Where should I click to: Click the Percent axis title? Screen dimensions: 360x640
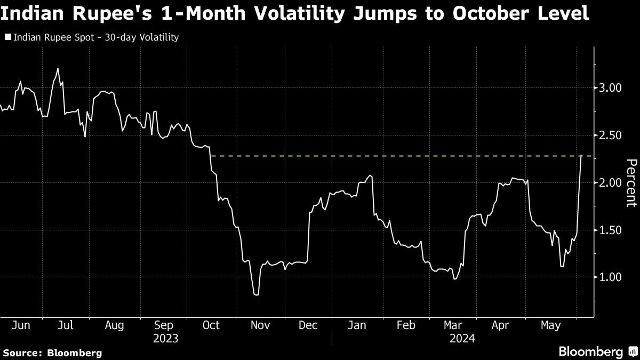pos(631,182)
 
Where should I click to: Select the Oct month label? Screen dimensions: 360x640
pos(212,325)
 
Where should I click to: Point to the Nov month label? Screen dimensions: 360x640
pos(261,325)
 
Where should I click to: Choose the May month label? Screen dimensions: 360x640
pos(550,325)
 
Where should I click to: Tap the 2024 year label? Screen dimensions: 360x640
pos(462,338)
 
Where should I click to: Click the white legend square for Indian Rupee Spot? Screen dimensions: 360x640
pos(7,37)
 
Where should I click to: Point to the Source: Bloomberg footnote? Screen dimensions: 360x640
pos(52,353)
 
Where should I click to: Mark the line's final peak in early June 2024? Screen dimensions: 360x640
pos(581,156)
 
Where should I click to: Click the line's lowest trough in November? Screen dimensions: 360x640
pos(257,294)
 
